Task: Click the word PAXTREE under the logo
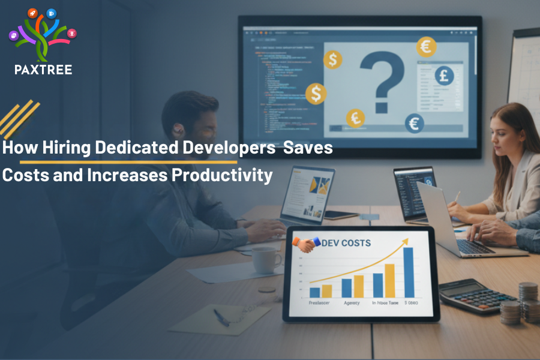[x=43, y=70]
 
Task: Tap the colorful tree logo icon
[x=43, y=35]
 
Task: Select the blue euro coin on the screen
[x=414, y=123]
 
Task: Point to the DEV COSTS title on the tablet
[x=346, y=243]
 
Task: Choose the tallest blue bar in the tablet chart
[x=409, y=272]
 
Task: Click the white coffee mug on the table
[x=265, y=260]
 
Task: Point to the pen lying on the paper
[x=221, y=317]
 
